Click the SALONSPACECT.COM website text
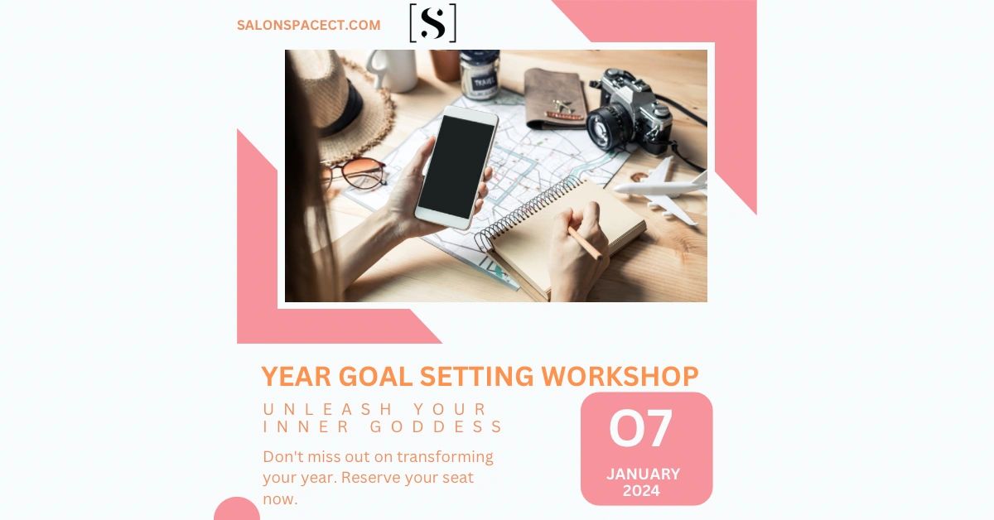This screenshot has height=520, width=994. tap(308, 25)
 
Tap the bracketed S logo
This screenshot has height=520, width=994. tap(432, 23)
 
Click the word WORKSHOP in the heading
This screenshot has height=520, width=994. tap(620, 376)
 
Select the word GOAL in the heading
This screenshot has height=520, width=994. tap(375, 376)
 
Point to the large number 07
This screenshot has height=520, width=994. tap(641, 428)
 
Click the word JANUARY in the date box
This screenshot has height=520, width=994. tap(643, 474)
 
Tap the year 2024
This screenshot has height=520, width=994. tap(641, 491)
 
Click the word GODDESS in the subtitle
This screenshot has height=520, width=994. tap(436, 426)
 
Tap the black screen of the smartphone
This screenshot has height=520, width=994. tap(456, 166)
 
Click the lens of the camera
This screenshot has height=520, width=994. tap(605, 128)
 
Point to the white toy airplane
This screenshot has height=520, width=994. tap(661, 190)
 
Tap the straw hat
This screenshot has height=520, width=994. tap(350, 107)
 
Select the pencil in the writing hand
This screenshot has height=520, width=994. tap(585, 243)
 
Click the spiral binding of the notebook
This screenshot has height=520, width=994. tap(528, 211)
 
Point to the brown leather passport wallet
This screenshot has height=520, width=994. tap(556, 99)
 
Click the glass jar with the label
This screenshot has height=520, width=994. tap(480, 74)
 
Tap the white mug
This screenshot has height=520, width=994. tap(393, 70)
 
